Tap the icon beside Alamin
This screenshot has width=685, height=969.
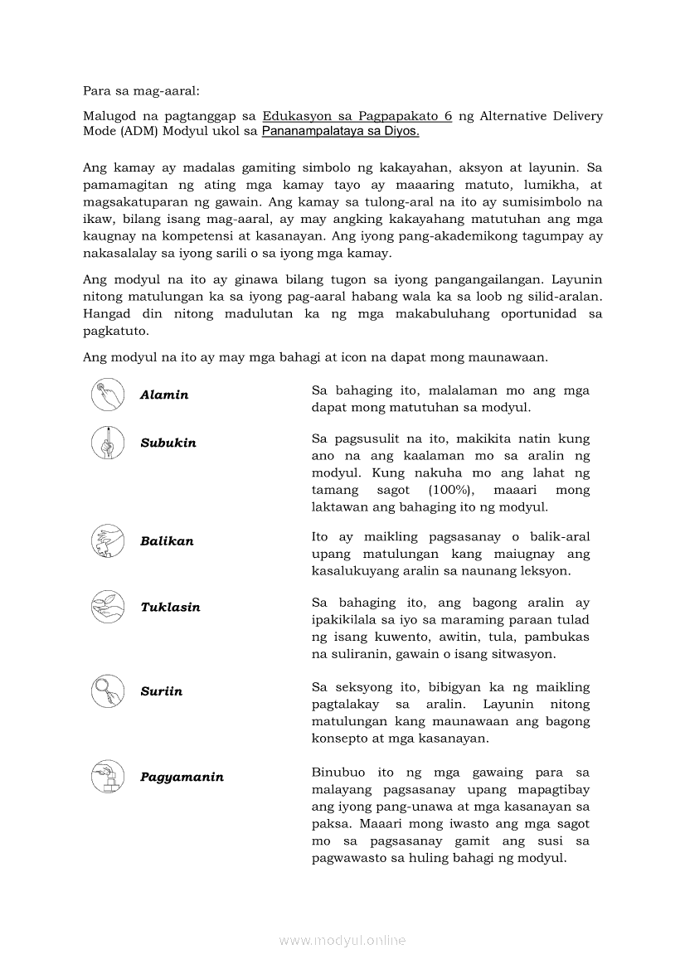coord(108,394)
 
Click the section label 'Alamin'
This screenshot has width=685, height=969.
coord(164,395)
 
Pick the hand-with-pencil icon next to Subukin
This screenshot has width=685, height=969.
coord(108,442)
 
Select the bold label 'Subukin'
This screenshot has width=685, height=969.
coord(168,443)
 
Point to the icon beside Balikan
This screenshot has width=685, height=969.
coord(108,540)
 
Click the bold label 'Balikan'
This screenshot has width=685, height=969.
coord(167,541)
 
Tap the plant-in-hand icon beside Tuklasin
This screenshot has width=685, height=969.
coord(108,606)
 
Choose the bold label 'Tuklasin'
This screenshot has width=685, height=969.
coord(170,608)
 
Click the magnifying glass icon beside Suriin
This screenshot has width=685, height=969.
coord(108,690)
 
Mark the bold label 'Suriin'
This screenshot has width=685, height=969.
coord(162,691)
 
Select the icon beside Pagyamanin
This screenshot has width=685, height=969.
coord(108,776)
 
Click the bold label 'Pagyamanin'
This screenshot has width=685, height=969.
coord(182,778)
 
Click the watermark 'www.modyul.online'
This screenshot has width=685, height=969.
coord(342,940)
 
